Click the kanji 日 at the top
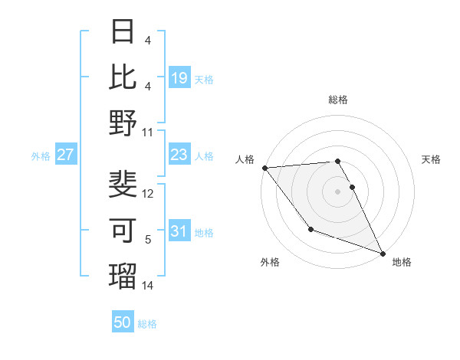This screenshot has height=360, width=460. [x=123, y=32]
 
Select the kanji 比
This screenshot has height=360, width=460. [x=123, y=77]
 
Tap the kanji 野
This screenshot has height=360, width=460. [x=123, y=123]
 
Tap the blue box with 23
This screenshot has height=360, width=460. [x=179, y=155]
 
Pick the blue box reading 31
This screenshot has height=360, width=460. [x=179, y=231]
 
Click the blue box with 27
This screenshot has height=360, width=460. [x=66, y=155]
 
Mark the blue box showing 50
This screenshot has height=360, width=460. [x=123, y=322]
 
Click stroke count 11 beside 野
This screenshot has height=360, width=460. [x=148, y=133]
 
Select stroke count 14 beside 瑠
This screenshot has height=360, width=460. [x=149, y=286]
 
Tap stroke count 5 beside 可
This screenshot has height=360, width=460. [x=148, y=240]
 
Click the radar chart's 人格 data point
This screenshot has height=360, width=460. [x=264, y=168]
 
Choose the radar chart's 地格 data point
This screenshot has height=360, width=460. [x=383, y=253]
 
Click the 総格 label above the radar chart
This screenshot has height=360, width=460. [x=338, y=100]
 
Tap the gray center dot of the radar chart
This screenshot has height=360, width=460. [x=337, y=191]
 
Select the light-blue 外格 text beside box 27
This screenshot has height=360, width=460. [x=41, y=155]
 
